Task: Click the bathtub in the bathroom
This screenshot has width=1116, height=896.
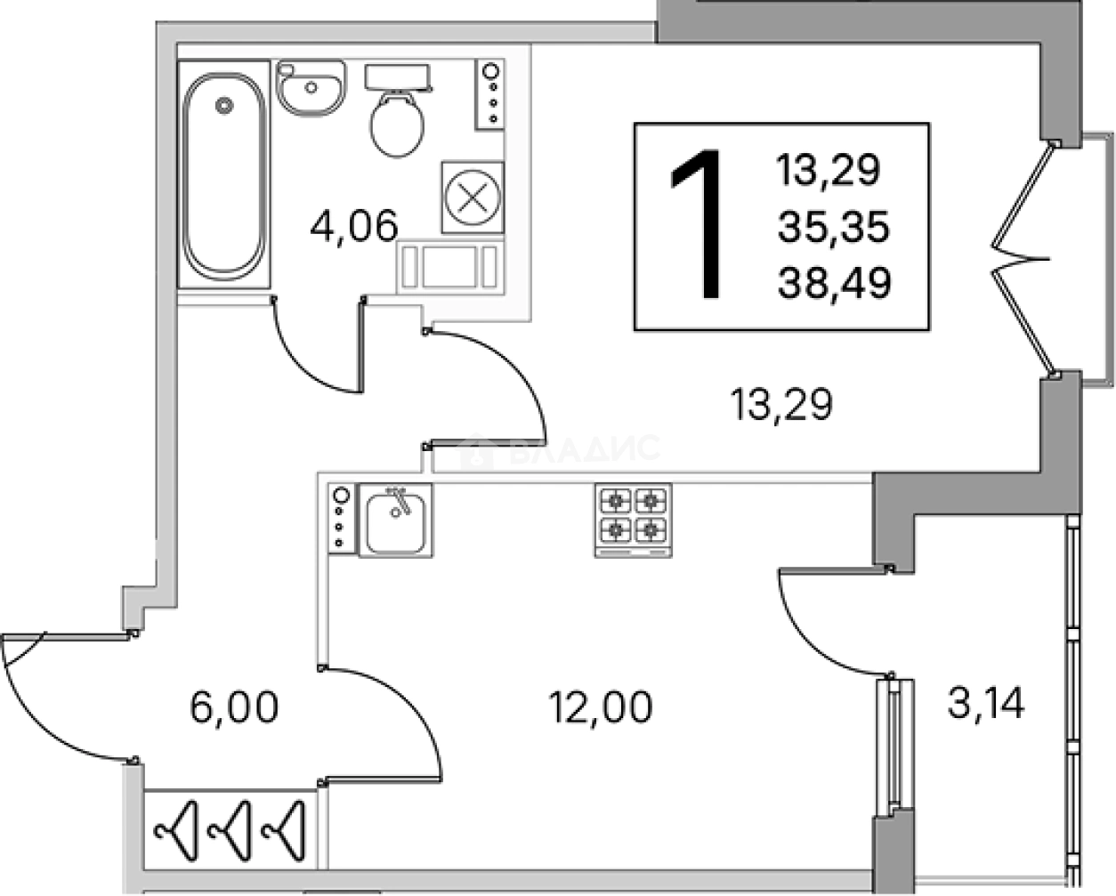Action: click(x=224, y=174)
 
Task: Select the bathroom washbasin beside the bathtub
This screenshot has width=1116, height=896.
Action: click(x=311, y=87)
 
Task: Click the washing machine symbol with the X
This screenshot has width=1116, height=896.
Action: click(x=473, y=198)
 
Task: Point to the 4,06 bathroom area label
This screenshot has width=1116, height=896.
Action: click(x=354, y=226)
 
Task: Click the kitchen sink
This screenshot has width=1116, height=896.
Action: click(x=396, y=521)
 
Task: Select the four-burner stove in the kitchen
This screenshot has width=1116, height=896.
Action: click(x=633, y=521)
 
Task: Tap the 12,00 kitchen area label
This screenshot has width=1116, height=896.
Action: click(x=601, y=706)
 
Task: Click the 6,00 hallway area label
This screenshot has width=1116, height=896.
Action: click(x=234, y=706)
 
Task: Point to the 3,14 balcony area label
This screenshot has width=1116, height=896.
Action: click(x=986, y=703)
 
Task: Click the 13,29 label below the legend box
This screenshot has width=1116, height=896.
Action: click(x=781, y=405)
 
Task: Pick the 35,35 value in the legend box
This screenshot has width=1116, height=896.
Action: click(x=834, y=227)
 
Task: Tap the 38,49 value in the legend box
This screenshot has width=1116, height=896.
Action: click(x=835, y=283)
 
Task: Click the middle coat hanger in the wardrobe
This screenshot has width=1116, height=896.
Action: click(x=230, y=831)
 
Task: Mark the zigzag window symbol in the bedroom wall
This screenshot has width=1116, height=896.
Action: click(x=1022, y=258)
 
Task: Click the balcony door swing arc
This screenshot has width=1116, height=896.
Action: click(x=833, y=623)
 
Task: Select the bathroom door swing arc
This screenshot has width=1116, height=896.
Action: click(x=316, y=346)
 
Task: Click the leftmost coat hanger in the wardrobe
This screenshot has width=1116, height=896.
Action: click(x=176, y=831)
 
